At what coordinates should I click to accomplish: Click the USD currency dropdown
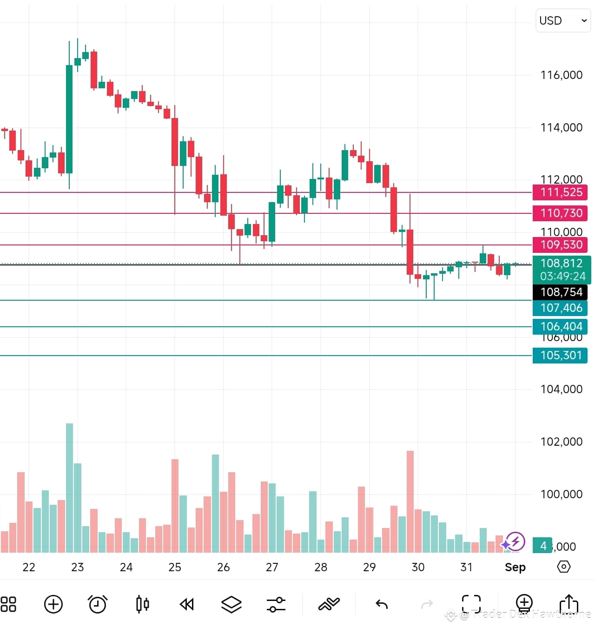[x=563, y=20]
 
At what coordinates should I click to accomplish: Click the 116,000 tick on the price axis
[x=561, y=75]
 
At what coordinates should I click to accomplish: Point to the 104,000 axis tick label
[x=561, y=389]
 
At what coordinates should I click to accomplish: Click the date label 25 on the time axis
[x=175, y=567]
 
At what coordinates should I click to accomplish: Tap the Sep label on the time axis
[x=515, y=567]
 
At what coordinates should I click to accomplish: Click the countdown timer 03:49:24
[x=562, y=276]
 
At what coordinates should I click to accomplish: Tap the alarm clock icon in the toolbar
[x=98, y=604]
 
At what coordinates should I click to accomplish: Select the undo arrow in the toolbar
[x=382, y=604]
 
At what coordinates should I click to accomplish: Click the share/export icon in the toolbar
[x=569, y=604]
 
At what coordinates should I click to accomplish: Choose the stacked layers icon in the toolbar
[x=231, y=604]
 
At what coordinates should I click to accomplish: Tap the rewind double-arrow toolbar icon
[x=187, y=604]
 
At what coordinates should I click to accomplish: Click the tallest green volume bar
[x=69, y=488]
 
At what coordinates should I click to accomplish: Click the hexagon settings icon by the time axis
[x=563, y=567]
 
